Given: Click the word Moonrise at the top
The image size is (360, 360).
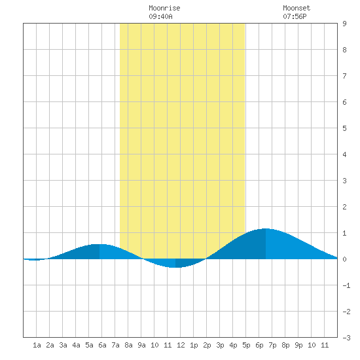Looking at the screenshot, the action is tap(164, 8).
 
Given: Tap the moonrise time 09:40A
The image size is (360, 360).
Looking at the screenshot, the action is tap(160, 16).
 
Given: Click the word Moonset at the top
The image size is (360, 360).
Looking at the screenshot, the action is tap(297, 8).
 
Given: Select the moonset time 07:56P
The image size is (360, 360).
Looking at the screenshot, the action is tap(295, 16).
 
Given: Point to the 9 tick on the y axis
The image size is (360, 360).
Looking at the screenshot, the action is tap(344, 24).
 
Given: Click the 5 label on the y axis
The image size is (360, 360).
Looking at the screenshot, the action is tap(344, 128).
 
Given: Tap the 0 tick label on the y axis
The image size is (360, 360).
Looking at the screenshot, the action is tap(344, 259).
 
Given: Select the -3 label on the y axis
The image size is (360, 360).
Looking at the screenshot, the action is tap(346, 338).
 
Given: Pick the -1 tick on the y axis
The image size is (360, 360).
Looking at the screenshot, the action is tap(346, 285).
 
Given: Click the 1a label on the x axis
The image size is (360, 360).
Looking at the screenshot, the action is tap(37, 345).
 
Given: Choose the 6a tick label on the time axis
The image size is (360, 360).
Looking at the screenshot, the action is tap(102, 345).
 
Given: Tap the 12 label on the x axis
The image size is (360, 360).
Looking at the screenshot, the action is tap(181, 345).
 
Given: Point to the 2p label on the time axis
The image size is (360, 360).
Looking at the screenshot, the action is tap(207, 345).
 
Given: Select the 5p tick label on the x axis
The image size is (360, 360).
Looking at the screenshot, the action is tap(246, 345).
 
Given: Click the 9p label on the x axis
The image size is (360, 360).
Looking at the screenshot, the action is tap(298, 345).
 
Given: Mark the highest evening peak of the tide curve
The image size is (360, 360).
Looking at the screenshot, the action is tap(266, 228).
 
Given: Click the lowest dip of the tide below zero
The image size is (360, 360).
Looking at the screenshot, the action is tap(175, 268).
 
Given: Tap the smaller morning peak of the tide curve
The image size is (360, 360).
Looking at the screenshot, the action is tap(99, 244).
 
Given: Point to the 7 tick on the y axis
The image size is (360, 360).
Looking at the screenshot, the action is tap(344, 76).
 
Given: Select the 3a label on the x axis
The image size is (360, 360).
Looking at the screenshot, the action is tap(63, 345).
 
